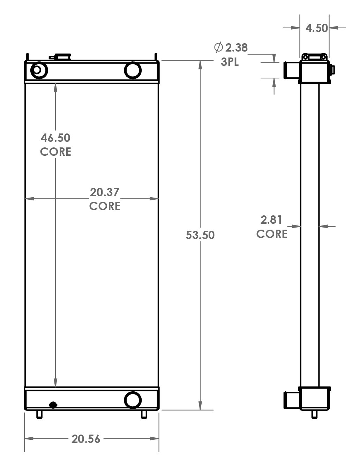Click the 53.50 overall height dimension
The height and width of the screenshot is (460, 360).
click(x=200, y=235)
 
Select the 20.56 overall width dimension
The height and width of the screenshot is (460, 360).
click(x=86, y=439)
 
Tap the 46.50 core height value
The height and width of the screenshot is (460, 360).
click(x=55, y=138)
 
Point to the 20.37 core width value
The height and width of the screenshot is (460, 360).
click(x=105, y=192)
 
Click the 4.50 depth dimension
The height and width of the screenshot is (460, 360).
click(x=317, y=28)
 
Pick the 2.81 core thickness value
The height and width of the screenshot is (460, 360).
click(x=271, y=220)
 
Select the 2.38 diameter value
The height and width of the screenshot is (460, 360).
click(x=236, y=47)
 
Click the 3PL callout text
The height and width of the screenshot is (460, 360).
click(x=230, y=62)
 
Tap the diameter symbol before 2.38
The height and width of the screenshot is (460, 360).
click(x=218, y=47)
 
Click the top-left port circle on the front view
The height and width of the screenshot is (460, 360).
click(x=39, y=70)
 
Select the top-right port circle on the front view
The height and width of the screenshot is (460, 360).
click(x=133, y=70)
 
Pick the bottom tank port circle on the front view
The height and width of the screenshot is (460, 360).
click(x=133, y=400)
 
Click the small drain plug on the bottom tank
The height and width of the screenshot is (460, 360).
click(x=53, y=405)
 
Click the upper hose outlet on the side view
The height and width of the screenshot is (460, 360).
click(x=291, y=70)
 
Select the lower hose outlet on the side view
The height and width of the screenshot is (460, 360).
click(x=291, y=400)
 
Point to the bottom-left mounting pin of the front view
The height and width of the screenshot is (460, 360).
click(x=39, y=414)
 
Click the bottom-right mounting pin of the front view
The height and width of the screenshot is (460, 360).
click(x=144, y=414)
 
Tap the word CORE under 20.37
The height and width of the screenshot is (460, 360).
click(x=105, y=206)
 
